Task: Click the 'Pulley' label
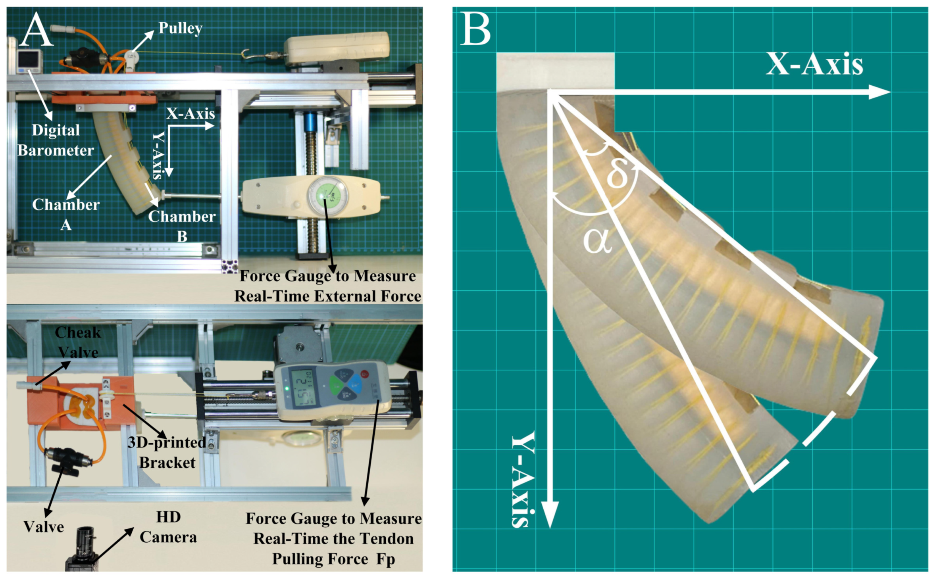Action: click(180, 28)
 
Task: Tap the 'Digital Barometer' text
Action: click(56, 140)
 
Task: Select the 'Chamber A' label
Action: click(66, 214)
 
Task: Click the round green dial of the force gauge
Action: click(327, 196)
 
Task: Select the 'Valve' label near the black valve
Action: click(44, 527)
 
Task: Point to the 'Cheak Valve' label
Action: click(78, 342)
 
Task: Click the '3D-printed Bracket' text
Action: click(167, 452)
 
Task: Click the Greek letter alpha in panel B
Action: click(597, 241)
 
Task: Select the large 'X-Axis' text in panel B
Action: click(814, 64)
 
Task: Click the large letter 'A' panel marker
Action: click(37, 29)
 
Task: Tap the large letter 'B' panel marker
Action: click(475, 29)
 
